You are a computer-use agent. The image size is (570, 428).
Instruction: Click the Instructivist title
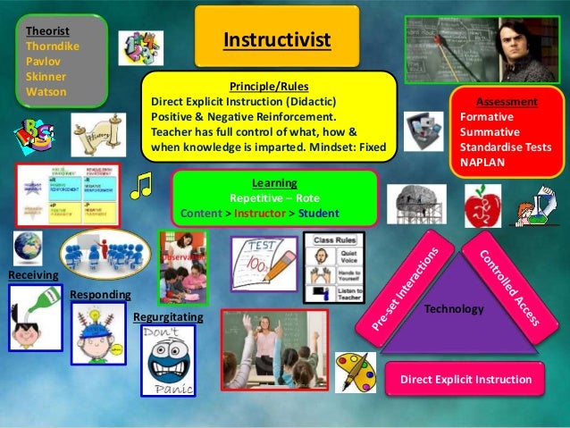coord(276,40)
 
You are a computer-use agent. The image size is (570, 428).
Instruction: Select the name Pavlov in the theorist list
coord(42,61)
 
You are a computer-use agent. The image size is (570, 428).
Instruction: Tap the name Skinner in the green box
coord(46,76)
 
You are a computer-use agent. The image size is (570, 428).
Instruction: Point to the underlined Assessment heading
coord(507,102)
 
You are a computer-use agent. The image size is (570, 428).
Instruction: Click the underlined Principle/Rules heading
coord(269,87)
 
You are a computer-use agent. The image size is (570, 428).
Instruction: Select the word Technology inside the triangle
coord(456,308)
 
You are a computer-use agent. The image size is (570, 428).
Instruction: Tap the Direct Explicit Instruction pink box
coord(465,380)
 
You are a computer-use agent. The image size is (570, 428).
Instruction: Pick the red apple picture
coord(483,206)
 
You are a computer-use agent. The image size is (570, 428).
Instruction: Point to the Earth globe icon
coord(27,246)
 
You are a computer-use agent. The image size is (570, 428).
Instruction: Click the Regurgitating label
coord(168,316)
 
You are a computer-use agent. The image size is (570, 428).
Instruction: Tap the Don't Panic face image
coord(167,359)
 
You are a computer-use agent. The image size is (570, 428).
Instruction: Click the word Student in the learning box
coord(319,214)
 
